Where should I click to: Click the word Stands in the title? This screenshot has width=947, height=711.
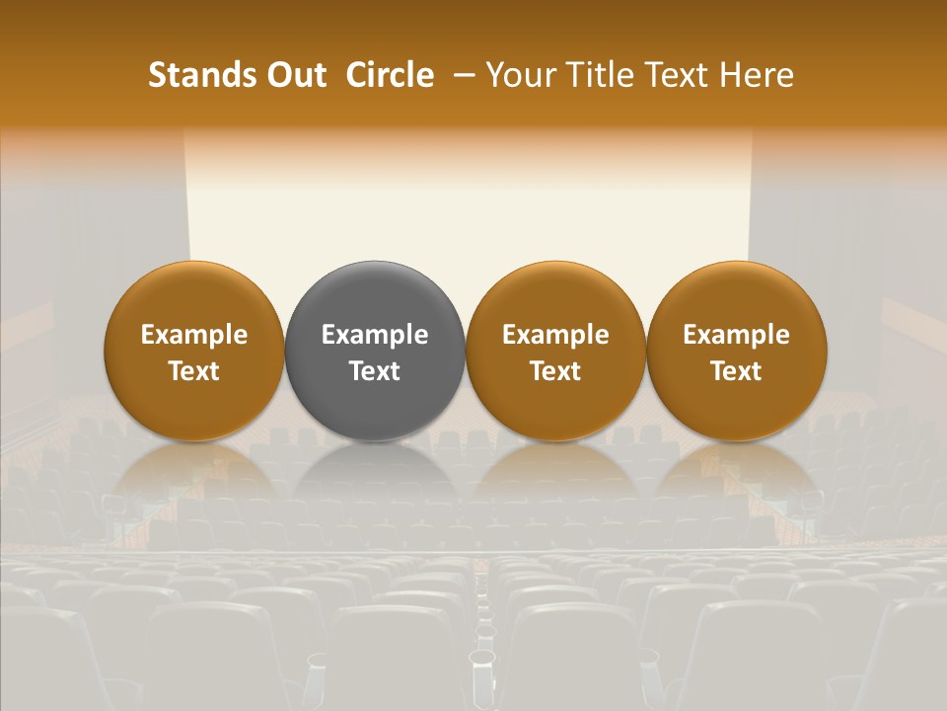click(x=197, y=75)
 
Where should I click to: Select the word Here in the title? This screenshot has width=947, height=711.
click(x=756, y=75)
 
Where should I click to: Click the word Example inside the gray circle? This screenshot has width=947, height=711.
click(x=375, y=336)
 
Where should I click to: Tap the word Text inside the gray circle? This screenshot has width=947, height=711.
click(x=375, y=371)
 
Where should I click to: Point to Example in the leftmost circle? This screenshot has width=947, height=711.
click(x=194, y=336)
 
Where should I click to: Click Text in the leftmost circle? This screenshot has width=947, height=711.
click(x=194, y=371)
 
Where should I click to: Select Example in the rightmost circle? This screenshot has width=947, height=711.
click(x=736, y=336)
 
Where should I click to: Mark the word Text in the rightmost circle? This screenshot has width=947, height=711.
click(x=736, y=371)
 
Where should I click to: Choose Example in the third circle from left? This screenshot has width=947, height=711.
click(x=555, y=336)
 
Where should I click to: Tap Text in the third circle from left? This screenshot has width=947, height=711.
click(x=555, y=371)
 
